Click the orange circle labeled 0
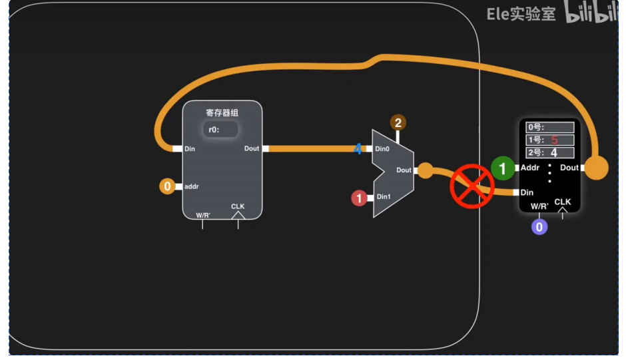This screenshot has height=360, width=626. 167,186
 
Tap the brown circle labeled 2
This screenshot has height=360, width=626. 398,122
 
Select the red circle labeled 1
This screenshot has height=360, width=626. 359,198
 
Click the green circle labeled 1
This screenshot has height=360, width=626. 503,169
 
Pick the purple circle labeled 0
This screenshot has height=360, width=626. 539,227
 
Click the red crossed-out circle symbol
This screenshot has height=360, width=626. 471,186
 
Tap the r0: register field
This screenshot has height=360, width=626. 220,130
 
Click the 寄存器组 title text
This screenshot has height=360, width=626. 222,112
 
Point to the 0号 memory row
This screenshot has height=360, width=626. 550,127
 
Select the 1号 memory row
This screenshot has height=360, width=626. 550,140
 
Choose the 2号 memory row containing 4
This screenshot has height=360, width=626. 550,152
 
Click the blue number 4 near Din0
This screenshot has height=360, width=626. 358,149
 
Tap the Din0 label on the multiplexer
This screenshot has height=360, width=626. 382,149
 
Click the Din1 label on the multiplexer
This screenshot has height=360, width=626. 384,197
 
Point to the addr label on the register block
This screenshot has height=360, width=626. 192,187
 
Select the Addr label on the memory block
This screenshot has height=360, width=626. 530,168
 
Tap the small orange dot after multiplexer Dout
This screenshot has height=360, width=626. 426,171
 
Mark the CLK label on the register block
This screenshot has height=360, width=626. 238,206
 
